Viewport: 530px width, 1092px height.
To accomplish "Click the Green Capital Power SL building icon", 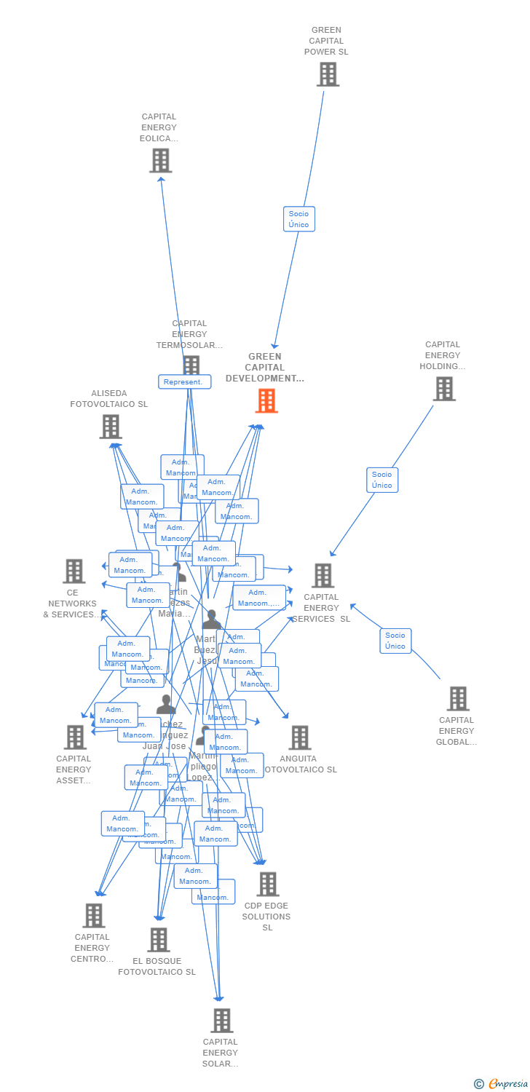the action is coord(328,74).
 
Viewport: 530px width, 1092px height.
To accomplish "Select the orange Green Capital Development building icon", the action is coord(266,400).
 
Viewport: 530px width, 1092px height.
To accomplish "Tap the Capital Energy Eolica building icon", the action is coord(160,160).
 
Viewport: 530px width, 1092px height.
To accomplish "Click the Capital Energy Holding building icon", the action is coord(444,389).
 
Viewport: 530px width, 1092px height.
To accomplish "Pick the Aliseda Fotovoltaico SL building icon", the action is coord(111,427).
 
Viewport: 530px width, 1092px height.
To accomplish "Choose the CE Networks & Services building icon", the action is coord(74,571).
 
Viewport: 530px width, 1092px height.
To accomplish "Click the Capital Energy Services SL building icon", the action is coord(323,575).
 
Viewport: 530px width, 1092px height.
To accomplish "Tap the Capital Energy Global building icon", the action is coord(457,699).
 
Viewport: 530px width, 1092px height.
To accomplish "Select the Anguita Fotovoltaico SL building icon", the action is coord(300,737).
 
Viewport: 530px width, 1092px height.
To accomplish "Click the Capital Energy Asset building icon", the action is coord(75,737).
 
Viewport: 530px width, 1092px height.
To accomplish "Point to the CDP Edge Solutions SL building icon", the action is coord(268,885).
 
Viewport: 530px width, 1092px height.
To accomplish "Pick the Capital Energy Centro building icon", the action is coord(94,916).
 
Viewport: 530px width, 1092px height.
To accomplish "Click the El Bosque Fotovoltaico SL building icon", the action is coord(159,940).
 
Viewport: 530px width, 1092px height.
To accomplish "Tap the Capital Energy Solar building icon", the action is coord(222,1021).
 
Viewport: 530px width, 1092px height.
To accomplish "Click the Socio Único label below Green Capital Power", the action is coord(298,219).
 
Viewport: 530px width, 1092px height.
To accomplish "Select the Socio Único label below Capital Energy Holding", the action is coord(382,480).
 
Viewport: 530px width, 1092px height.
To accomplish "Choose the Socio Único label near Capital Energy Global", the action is coord(395,641).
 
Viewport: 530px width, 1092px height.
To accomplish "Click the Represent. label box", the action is coord(184,382).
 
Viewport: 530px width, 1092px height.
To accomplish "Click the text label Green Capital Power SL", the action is coord(326,41).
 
